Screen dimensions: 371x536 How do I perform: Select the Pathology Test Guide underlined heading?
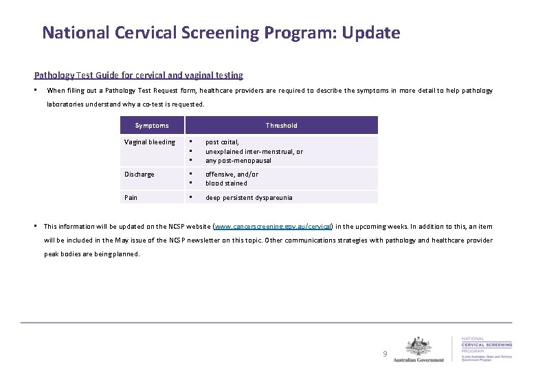[x=138, y=75]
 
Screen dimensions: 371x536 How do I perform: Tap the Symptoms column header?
[x=151, y=125]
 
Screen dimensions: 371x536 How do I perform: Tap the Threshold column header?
[x=282, y=125]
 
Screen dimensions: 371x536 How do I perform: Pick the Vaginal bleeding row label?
[x=149, y=142]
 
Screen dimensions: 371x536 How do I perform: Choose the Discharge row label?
[x=139, y=175]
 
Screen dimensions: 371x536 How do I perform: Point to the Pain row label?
[x=131, y=198]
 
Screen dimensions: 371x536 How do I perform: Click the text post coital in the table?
[x=222, y=142]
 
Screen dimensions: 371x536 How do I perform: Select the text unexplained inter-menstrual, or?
[x=254, y=151]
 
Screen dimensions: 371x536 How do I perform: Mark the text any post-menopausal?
[x=238, y=161]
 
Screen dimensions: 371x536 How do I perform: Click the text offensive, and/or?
[x=232, y=175]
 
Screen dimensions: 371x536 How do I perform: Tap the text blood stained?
[x=226, y=183]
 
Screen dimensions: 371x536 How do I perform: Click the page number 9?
[x=385, y=354]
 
